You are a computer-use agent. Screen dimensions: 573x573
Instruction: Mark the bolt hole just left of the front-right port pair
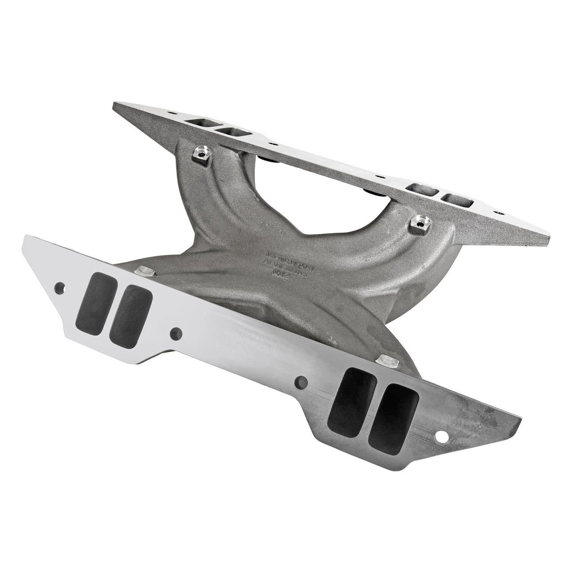point(302,382)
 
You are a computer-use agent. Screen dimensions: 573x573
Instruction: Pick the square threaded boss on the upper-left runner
point(199,154)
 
